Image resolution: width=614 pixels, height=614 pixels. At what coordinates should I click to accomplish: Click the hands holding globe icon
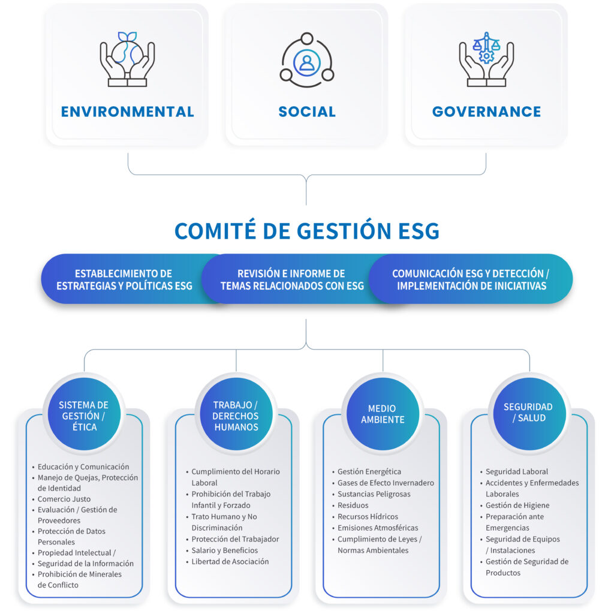[127, 59]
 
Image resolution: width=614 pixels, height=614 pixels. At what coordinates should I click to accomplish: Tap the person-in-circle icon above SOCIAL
[306, 60]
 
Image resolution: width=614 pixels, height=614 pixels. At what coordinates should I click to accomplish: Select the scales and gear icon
[486, 59]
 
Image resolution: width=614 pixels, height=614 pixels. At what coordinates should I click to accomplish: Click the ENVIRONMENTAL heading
[127, 112]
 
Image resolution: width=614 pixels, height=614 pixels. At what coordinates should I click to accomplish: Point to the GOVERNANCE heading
[486, 112]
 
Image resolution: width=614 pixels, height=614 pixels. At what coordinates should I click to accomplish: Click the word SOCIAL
[307, 112]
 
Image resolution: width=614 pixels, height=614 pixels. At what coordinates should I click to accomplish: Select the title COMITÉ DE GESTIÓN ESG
[307, 231]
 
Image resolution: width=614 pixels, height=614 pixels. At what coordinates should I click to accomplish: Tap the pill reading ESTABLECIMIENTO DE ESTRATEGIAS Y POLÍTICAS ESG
[125, 279]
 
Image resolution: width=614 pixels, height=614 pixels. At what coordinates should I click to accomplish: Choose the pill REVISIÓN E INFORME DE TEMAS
[292, 279]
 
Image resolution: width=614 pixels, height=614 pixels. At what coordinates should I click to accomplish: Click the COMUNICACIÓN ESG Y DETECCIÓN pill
[471, 279]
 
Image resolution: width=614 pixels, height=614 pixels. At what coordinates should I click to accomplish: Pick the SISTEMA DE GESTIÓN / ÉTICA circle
[84, 414]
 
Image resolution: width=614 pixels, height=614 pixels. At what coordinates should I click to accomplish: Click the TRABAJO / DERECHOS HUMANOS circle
[236, 414]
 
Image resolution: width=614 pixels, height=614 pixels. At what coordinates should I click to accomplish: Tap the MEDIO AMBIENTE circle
[383, 414]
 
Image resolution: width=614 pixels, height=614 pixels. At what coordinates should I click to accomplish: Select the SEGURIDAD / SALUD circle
[529, 414]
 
